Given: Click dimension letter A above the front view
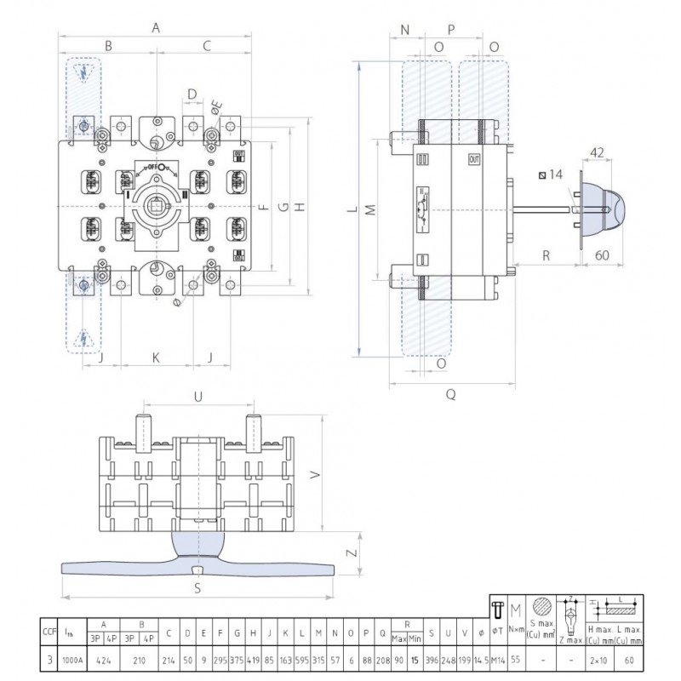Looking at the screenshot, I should [156, 28].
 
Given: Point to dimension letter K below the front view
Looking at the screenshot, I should [156, 358].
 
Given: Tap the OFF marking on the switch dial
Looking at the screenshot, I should [156, 168].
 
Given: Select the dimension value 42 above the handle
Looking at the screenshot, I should [598, 153].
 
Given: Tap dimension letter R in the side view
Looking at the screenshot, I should [546, 255].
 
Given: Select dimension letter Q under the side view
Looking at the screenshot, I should [450, 394].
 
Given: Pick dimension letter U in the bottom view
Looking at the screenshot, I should [198, 396].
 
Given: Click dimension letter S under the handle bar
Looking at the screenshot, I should [197, 588].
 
